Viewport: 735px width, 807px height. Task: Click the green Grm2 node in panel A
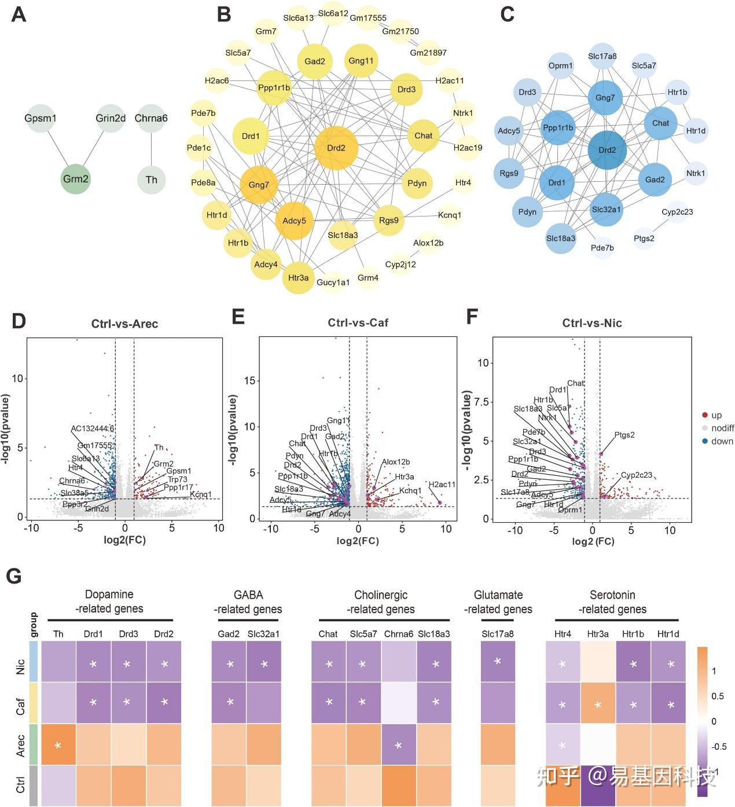click(76, 179)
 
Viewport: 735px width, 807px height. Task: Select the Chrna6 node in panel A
click(151, 119)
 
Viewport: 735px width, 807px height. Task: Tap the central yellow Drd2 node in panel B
click(336, 148)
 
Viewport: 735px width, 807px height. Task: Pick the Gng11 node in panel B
click(361, 61)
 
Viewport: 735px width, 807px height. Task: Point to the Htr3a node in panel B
click(298, 277)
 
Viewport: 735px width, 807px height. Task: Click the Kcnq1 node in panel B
click(450, 215)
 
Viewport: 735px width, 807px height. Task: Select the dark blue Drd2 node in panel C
click(607, 150)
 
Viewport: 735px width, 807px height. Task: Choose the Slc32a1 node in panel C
click(607, 209)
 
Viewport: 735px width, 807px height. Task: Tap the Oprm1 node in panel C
click(560, 66)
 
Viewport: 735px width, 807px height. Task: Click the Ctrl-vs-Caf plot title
click(358, 323)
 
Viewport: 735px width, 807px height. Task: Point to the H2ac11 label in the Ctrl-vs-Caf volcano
click(442, 485)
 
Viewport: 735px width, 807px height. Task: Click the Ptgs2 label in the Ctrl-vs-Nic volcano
click(624, 435)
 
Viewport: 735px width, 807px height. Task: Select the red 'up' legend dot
click(704, 415)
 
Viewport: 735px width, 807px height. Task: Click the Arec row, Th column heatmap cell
click(58, 745)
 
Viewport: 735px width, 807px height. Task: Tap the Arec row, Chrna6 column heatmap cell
click(398, 745)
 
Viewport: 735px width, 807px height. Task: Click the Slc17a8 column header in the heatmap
click(498, 634)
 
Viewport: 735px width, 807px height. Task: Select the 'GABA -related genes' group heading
click(248, 601)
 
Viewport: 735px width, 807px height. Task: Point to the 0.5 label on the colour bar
click(717, 696)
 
